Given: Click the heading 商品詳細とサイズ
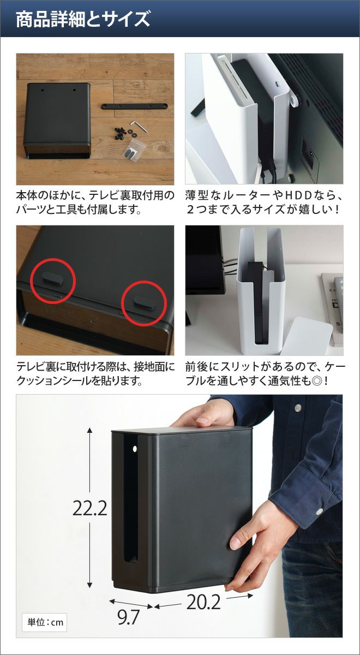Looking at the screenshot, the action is pyautogui.click(x=83, y=20).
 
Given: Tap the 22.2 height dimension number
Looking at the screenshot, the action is pyautogui.click(x=89, y=508).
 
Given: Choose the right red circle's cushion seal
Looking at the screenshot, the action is pyautogui.click(x=144, y=302).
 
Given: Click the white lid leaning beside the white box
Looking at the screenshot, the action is pyautogui.click(x=306, y=332).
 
